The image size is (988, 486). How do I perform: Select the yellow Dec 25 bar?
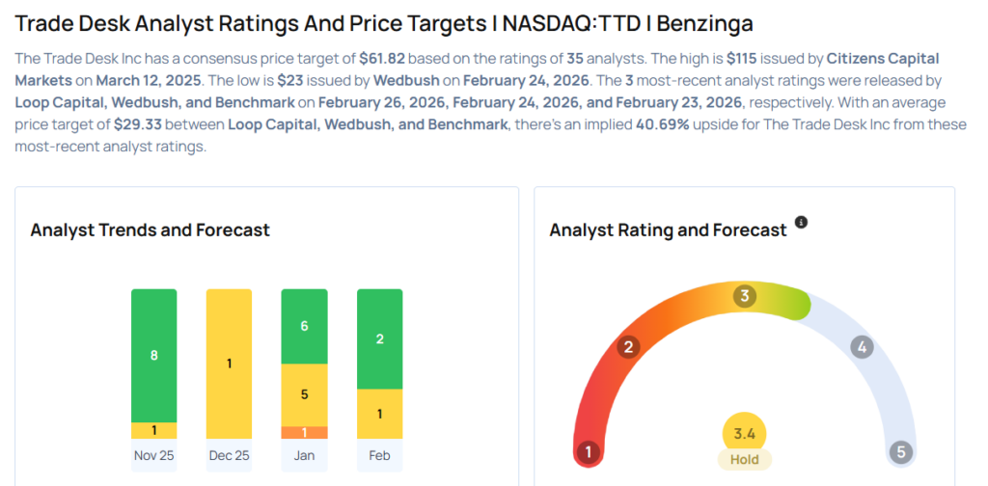(x=229, y=364)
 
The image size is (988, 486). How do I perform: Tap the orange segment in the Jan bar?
(x=303, y=432)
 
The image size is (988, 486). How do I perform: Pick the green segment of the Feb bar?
(x=379, y=338)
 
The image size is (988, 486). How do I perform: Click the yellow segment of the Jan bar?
(x=303, y=394)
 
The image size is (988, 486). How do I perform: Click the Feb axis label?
(x=379, y=455)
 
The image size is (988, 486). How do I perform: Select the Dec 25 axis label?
(x=229, y=455)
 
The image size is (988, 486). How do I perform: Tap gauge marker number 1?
(x=588, y=451)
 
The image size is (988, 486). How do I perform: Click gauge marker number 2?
(x=629, y=347)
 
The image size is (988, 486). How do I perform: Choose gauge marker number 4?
(x=862, y=347)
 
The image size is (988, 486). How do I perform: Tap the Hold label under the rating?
(x=744, y=459)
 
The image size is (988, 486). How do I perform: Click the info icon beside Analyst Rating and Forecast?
(x=801, y=223)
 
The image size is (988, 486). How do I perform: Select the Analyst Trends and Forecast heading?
(x=150, y=229)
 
